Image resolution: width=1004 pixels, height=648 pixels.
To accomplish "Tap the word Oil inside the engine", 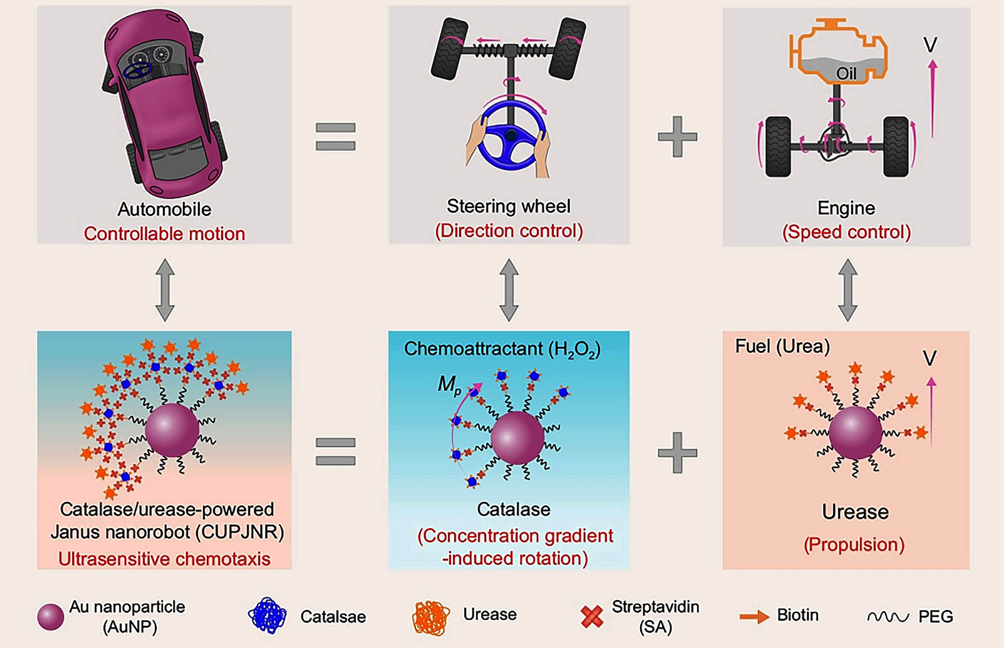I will tap(846, 74).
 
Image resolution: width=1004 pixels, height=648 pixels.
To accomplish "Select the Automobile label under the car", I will tap(164, 209).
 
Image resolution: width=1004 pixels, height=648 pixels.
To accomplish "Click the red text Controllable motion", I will tap(164, 234).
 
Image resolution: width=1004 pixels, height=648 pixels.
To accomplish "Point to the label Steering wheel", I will tap(509, 206).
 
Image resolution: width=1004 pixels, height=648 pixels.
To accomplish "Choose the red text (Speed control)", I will tap(846, 232).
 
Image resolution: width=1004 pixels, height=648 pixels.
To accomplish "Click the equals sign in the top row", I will tap(335, 137).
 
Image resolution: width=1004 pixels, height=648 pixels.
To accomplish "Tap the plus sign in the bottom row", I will tap(677, 452).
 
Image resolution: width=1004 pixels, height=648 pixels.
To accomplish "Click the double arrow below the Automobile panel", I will tap(165, 290).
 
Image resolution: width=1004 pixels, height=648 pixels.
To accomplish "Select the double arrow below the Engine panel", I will tap(847, 290).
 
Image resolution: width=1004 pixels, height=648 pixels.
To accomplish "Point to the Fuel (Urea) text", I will tap(782, 346).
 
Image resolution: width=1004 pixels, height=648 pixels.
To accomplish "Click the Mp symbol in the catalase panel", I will tap(449, 385).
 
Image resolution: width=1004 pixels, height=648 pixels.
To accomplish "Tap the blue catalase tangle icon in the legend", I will tap(267, 615).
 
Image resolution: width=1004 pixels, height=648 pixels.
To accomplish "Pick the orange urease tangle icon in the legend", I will tap(431, 617).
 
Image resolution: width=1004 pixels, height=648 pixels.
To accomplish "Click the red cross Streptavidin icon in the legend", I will tap(592, 617).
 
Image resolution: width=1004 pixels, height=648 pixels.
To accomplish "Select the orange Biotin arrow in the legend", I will tap(754, 616).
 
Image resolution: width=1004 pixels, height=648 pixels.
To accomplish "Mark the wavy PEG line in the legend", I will tap(888, 616).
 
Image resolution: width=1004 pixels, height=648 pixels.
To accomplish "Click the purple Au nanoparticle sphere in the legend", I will tap(51, 617).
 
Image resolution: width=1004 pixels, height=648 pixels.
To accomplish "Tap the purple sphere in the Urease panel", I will tap(855, 433).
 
